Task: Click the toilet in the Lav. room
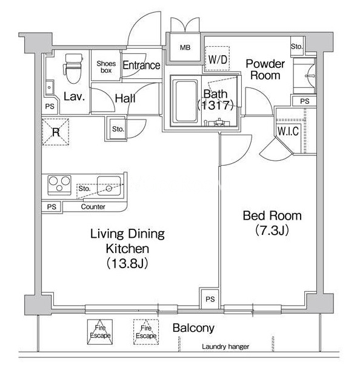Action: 73,69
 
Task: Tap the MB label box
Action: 185,47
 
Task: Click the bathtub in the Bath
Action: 185,101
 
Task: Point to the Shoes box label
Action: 106,67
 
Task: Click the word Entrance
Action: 141,66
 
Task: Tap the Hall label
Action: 125,98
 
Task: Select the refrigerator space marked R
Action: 56,132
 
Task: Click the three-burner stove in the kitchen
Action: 59,184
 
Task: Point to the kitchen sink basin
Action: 109,186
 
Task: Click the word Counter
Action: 93,207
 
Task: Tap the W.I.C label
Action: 288,131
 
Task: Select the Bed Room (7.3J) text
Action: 272,223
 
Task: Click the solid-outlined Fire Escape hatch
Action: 100,332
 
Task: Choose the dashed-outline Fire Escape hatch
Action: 146,332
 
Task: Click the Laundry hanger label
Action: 225,346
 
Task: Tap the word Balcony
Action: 193,328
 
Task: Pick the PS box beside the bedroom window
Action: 210,298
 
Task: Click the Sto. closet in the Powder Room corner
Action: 297,46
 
